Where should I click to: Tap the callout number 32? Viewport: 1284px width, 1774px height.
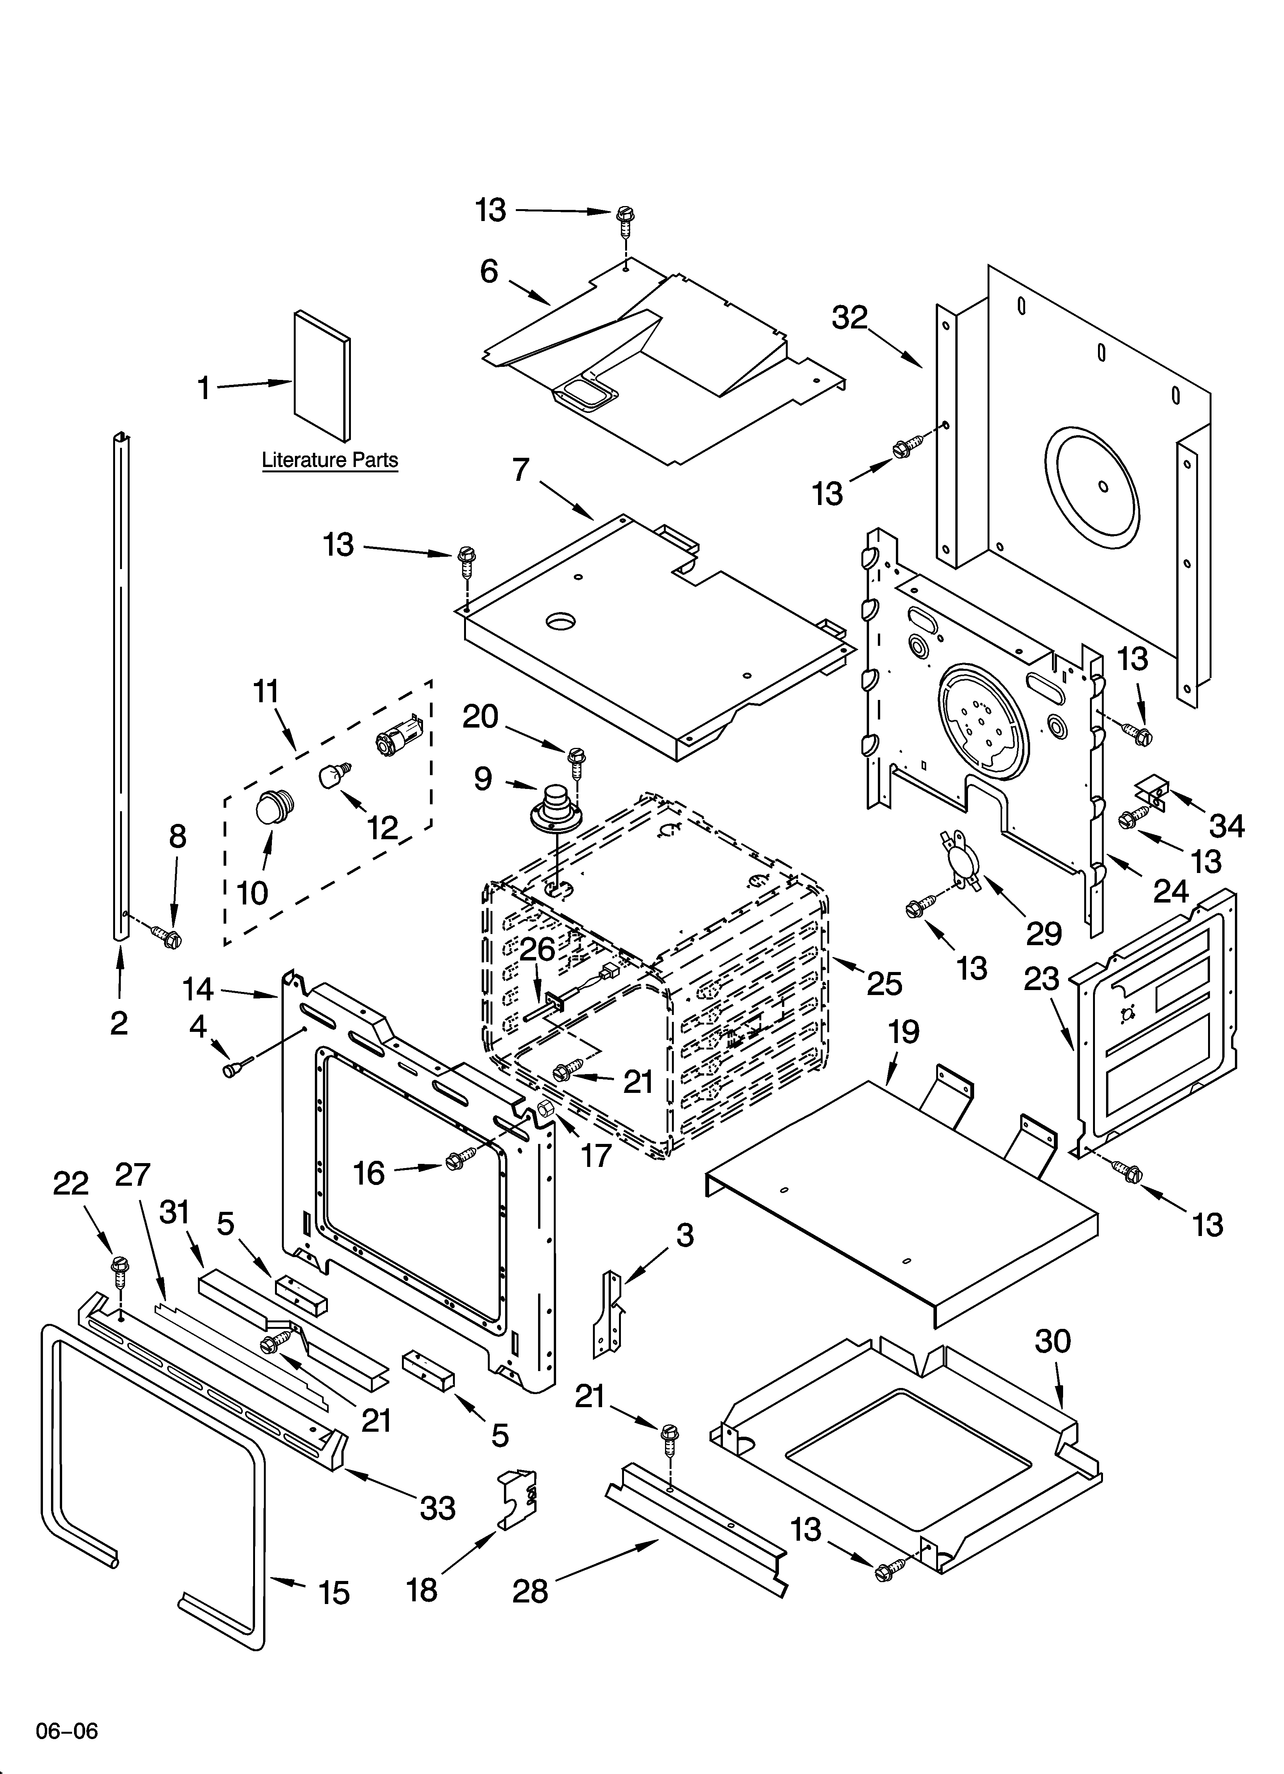pyautogui.click(x=850, y=318)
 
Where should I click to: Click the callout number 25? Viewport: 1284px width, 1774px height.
pyautogui.click(x=884, y=983)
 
